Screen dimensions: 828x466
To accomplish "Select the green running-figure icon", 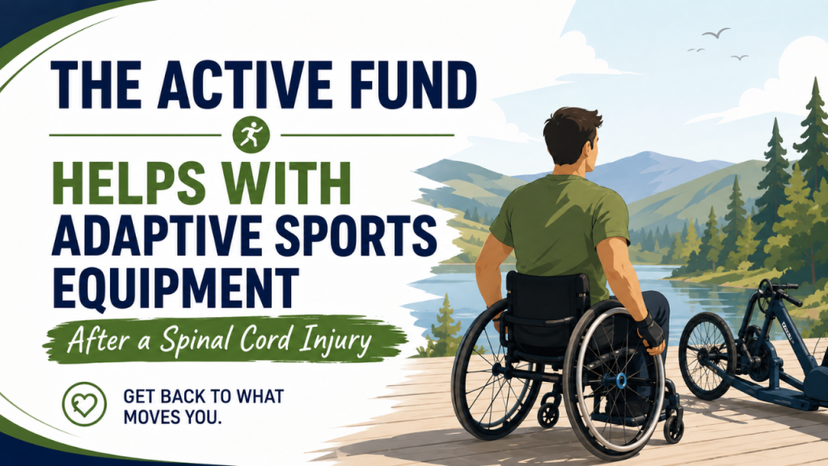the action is coord(251,135).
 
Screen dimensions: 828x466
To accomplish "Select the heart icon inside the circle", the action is coord(84,405).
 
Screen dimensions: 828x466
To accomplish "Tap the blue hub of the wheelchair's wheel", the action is coord(621,379).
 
